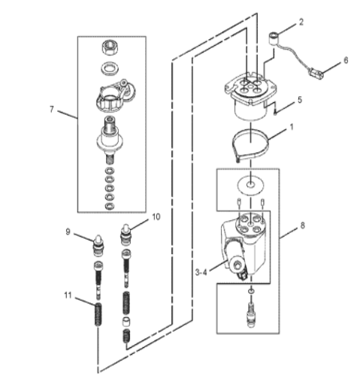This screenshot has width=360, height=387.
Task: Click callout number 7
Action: tap(52, 110)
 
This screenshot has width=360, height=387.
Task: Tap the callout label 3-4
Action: tap(201, 272)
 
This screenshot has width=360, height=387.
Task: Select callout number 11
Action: tap(68, 295)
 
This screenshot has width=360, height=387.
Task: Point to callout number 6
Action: tap(346, 60)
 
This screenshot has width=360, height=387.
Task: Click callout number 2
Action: tap(301, 22)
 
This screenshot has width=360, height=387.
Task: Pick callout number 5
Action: tap(300, 100)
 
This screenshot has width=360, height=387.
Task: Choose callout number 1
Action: tap(292, 127)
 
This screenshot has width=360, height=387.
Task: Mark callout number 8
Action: tap(303, 225)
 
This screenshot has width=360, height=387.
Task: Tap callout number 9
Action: tap(68, 231)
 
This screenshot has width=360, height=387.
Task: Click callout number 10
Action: tap(156, 217)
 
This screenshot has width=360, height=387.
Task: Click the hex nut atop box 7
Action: tap(110, 47)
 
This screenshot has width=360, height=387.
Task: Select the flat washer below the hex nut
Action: tap(110, 68)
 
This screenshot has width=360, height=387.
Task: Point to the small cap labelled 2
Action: tap(274, 38)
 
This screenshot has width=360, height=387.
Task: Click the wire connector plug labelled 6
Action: tap(315, 74)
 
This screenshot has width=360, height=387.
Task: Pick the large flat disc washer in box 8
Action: tap(250, 186)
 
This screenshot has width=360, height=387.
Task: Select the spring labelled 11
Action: tap(98, 314)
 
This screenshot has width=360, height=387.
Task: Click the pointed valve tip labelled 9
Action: tap(98, 246)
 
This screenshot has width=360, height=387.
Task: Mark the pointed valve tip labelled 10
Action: tap(126, 235)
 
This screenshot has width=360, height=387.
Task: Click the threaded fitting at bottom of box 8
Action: tap(251, 314)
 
